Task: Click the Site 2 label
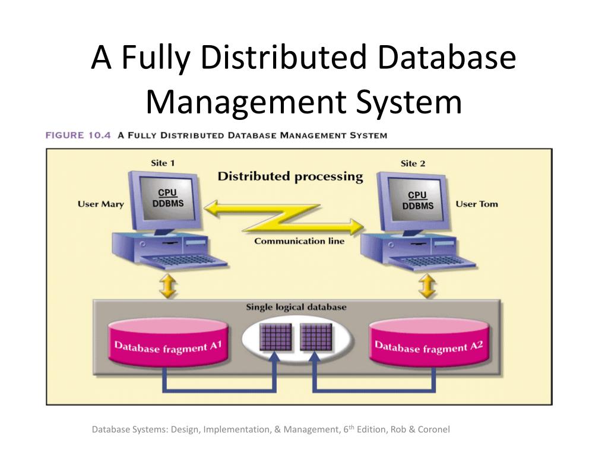[x=413, y=163]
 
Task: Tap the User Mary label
[x=101, y=204]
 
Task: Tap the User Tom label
[x=476, y=204]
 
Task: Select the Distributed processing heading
[x=290, y=176]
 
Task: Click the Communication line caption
[x=299, y=241]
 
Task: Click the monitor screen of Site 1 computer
[x=167, y=199]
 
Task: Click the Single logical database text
[x=296, y=308]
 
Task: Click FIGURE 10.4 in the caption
[x=78, y=135]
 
